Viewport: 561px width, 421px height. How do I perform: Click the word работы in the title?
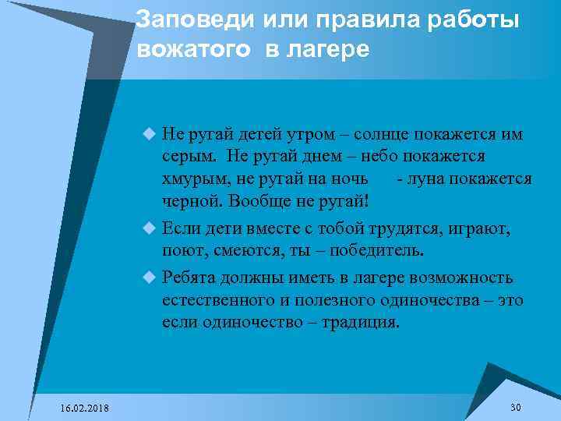[479, 21]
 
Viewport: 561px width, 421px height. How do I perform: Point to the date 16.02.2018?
[85, 409]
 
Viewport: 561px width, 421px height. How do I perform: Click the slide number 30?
[515, 408]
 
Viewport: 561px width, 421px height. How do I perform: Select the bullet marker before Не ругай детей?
[150, 134]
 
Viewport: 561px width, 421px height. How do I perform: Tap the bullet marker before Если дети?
[150, 229]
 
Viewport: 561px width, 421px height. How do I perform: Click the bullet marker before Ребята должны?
[150, 278]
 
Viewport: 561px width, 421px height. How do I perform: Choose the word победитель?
[378, 251]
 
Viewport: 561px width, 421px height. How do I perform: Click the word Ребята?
[187, 278]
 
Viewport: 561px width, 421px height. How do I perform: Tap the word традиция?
[362, 322]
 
